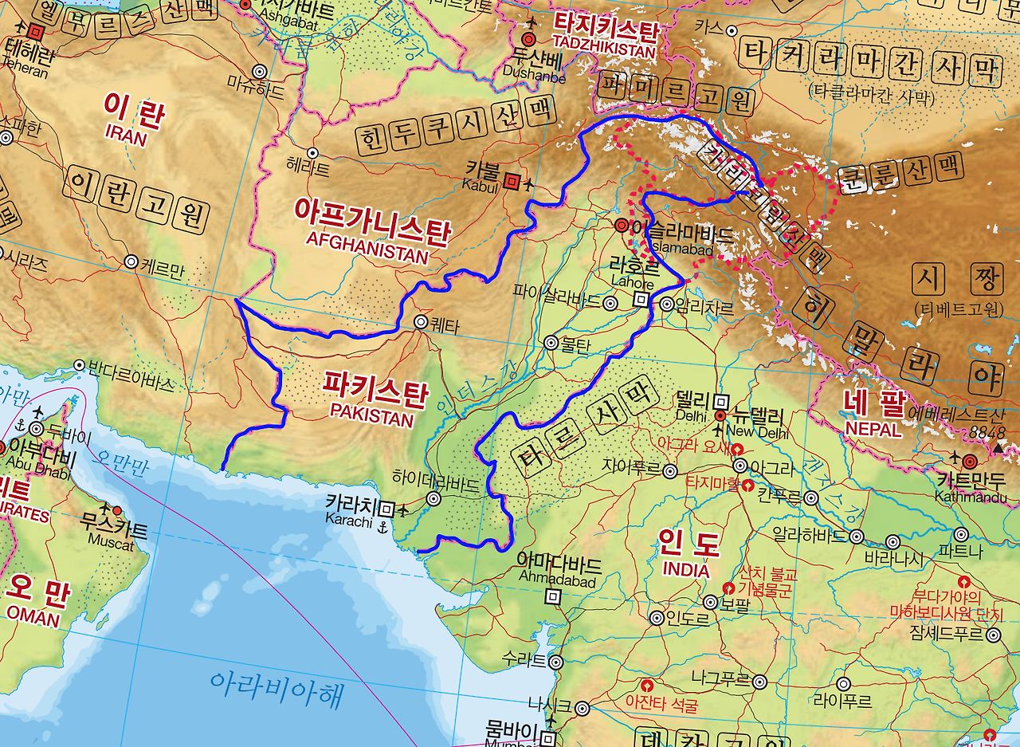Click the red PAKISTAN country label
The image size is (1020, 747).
372,418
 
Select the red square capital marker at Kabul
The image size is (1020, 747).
512,182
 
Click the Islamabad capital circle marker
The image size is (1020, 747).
621,226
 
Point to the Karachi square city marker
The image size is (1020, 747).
386,508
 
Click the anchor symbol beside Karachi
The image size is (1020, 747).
383,526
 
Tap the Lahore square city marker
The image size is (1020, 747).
640,300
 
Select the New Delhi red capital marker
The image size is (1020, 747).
720,416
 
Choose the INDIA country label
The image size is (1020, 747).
686,570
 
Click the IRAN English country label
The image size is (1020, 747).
126,137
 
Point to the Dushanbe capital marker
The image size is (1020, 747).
528,39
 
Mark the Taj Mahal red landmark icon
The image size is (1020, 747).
748,485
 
